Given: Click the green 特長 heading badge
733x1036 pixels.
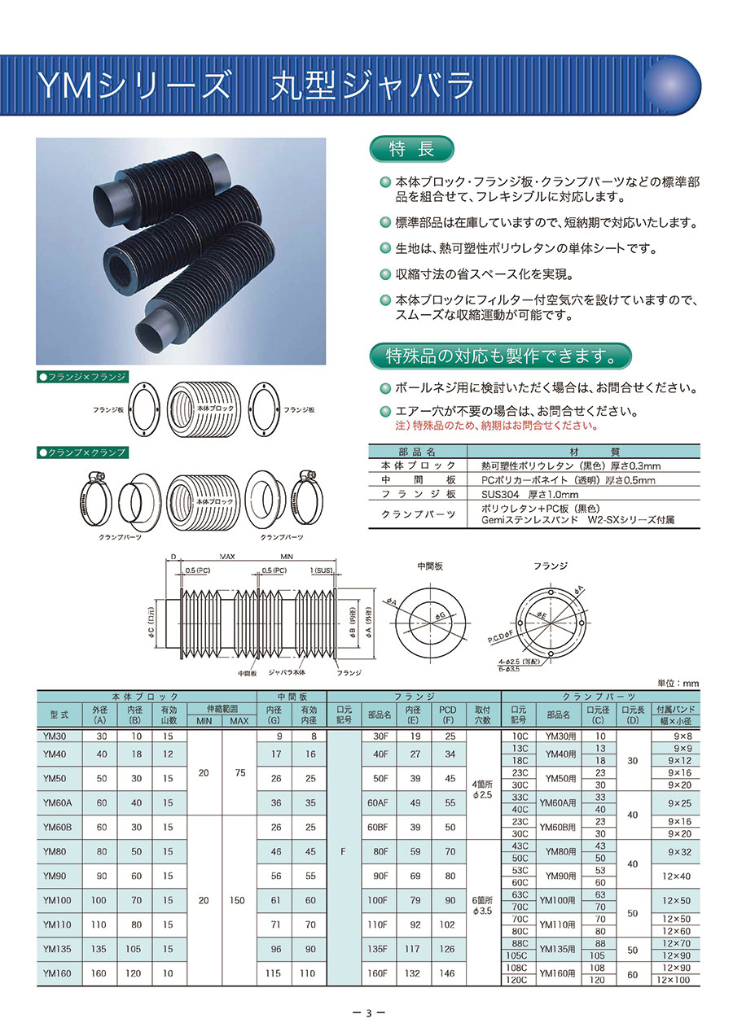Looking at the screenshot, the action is (x=411, y=149).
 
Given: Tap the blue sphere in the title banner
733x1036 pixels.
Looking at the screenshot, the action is (x=672, y=85).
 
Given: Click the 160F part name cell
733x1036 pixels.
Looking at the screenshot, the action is (x=378, y=973).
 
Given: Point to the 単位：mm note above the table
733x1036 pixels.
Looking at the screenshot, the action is (x=678, y=683).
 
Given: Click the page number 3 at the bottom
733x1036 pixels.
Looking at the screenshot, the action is (x=369, y=1013).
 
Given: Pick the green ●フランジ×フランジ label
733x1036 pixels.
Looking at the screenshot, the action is (x=82, y=377).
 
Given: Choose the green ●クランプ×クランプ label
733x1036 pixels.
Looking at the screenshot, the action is (x=82, y=452).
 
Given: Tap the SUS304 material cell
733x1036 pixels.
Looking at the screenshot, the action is (x=530, y=495).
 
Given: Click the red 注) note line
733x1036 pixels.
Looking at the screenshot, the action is (x=497, y=426).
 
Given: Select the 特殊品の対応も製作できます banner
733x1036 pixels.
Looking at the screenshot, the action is (x=500, y=356).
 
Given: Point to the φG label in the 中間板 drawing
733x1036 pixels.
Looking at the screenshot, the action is (x=440, y=615).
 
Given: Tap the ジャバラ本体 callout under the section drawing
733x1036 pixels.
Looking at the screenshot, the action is (x=287, y=672).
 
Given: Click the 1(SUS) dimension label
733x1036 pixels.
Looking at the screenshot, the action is (x=321, y=570).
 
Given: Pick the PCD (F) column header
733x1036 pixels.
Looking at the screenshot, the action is (x=447, y=715).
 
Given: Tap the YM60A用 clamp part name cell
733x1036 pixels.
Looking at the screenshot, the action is (x=558, y=803).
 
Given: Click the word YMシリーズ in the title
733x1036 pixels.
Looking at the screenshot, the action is (x=133, y=85).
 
